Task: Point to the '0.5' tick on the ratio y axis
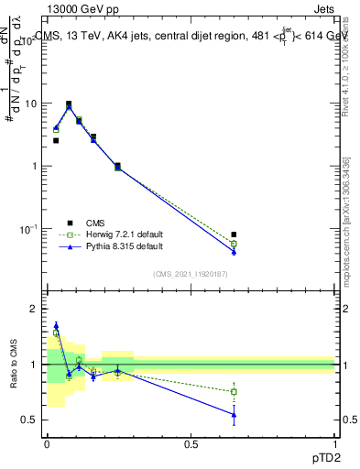29,420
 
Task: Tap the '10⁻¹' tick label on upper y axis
28,228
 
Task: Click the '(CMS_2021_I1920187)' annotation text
191,274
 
